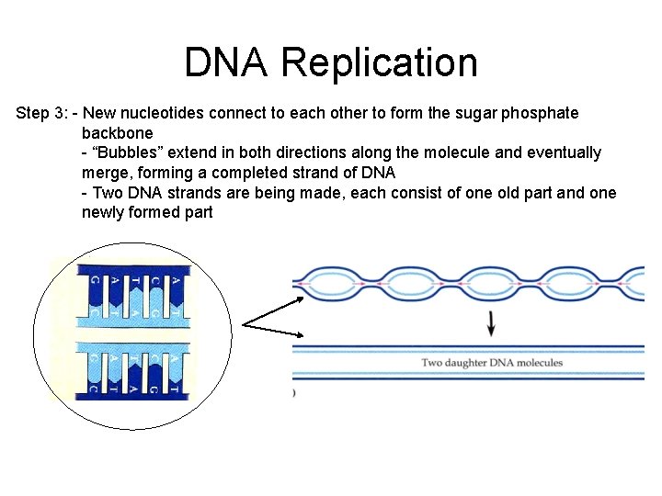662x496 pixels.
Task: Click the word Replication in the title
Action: point(380,62)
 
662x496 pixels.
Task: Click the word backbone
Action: point(118,133)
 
